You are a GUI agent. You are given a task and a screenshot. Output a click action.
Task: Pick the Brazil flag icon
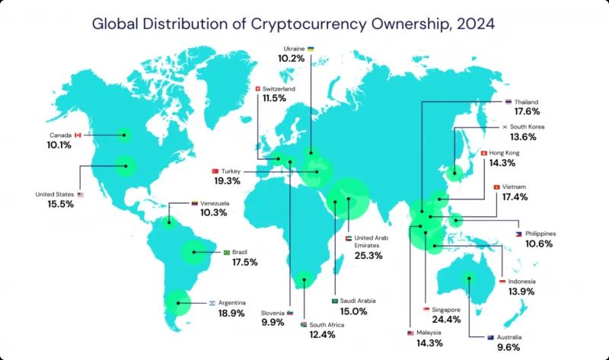tap(226, 252)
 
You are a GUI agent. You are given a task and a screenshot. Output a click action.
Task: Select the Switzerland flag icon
tap(259, 89)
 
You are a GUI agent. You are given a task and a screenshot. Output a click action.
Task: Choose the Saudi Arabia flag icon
tap(334, 301)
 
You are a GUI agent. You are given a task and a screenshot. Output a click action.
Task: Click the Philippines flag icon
tap(518, 234)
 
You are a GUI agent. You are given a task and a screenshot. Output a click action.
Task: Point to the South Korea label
tap(525, 127)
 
